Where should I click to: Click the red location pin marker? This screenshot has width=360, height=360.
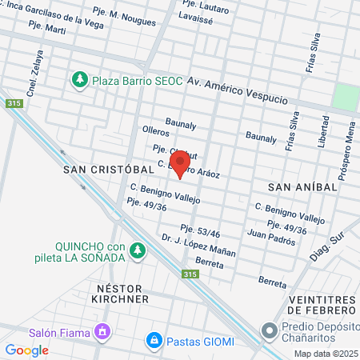click(x=180, y=163)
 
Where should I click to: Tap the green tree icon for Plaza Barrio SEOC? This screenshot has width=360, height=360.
click(x=79, y=80)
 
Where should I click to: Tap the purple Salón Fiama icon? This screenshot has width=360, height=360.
click(x=102, y=330)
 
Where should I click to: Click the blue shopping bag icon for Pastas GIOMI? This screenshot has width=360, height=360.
click(x=153, y=341)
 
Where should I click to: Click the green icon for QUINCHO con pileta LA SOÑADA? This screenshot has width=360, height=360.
click(x=138, y=251)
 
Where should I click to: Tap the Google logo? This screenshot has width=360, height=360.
click(x=27, y=350)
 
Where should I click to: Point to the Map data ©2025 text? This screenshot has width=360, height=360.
click(x=326, y=354)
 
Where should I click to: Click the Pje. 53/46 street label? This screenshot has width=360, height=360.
click(x=200, y=230)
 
